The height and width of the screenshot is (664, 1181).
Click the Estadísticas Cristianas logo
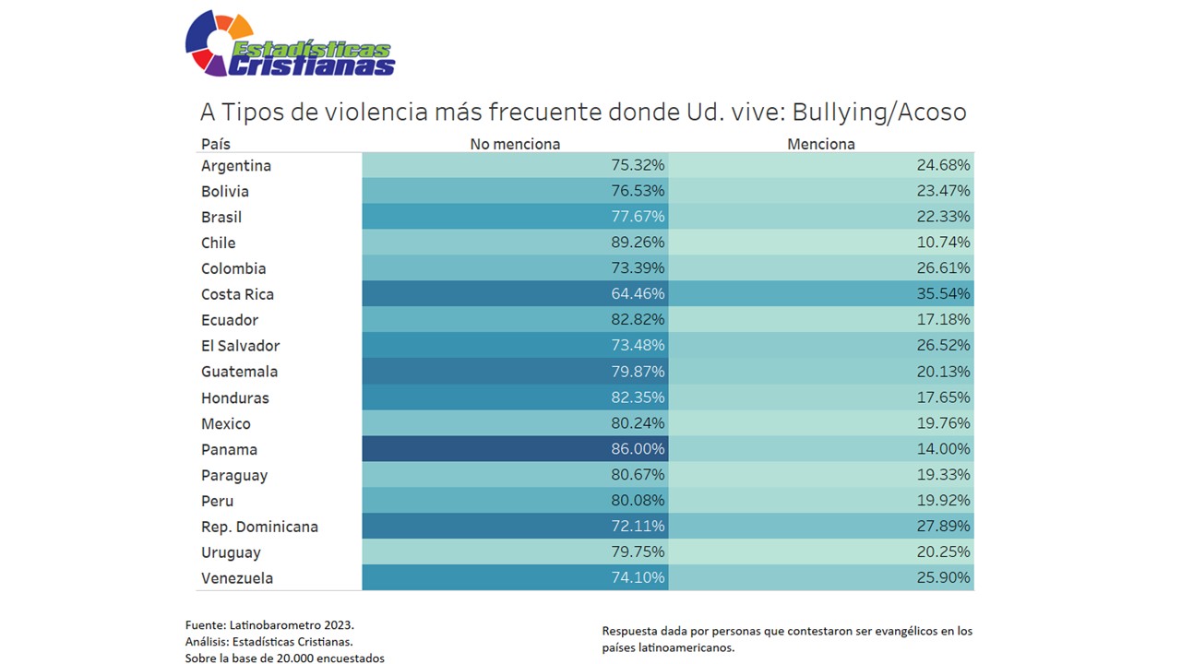(x=289, y=44)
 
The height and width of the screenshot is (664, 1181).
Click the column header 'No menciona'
(x=515, y=144)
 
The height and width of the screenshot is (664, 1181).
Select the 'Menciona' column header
(x=820, y=144)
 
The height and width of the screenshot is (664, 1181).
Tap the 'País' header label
(x=216, y=144)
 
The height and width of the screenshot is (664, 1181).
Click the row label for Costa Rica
(x=237, y=294)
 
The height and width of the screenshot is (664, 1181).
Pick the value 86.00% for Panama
(x=638, y=449)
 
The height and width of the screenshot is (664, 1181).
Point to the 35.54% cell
(x=943, y=294)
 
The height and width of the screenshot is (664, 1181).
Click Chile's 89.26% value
(x=638, y=243)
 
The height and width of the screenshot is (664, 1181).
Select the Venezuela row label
(x=237, y=578)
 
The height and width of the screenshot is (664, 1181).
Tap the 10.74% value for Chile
(x=943, y=243)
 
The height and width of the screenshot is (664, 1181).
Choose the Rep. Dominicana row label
(x=259, y=527)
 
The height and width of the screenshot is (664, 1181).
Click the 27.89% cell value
(x=943, y=527)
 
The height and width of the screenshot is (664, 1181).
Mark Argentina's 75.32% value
(x=638, y=165)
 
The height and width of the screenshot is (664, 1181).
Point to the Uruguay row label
(x=231, y=552)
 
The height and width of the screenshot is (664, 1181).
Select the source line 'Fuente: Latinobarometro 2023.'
(x=269, y=624)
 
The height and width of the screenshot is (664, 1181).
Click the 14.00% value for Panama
(x=943, y=449)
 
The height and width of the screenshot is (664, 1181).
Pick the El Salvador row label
(x=240, y=346)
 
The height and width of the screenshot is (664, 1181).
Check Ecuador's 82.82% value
(x=638, y=320)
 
